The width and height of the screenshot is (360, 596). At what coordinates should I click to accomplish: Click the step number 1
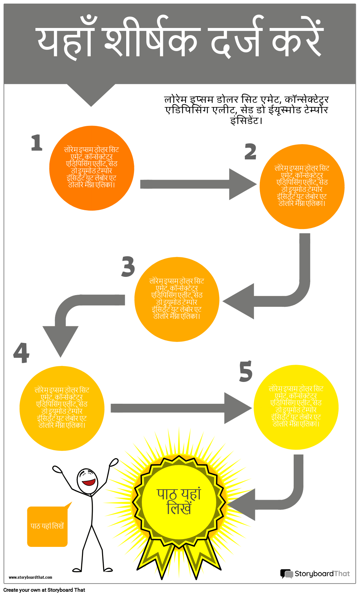(x=37, y=143)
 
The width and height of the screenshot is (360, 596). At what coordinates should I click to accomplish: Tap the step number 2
(x=250, y=152)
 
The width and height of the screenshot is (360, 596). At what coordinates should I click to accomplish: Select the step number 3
(x=128, y=266)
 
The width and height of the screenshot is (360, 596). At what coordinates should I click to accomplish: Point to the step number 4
(x=21, y=353)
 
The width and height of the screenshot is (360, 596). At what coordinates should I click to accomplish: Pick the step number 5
(x=246, y=371)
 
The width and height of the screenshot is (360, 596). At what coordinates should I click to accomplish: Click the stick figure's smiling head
(x=87, y=481)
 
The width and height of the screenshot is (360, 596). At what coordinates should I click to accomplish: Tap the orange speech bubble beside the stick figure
(x=47, y=526)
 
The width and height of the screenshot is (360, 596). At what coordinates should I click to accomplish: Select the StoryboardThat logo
(x=315, y=574)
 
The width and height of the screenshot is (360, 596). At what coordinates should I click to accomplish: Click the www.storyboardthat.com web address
(x=30, y=577)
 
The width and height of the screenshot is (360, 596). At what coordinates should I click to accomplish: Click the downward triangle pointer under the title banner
(x=91, y=94)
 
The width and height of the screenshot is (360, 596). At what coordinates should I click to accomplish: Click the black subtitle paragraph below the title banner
(x=246, y=110)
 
